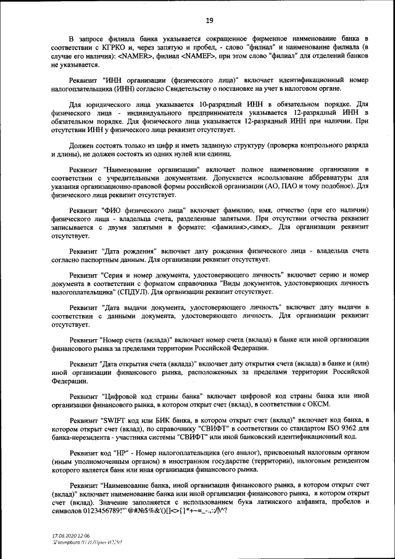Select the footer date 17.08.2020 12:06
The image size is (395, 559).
pos(71,537)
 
